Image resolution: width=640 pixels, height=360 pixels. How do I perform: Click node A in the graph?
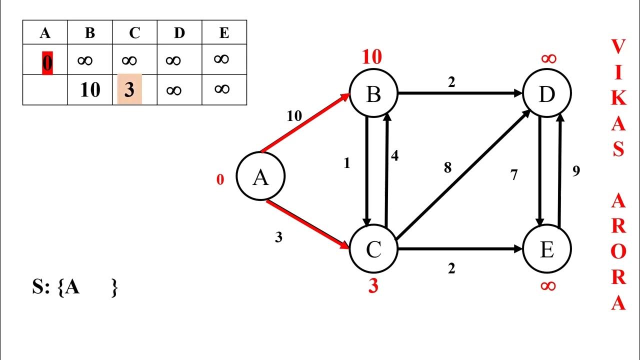coord(260,176)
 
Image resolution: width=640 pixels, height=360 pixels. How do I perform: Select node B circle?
coord(373,93)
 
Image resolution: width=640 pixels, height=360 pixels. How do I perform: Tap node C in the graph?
coord(373,248)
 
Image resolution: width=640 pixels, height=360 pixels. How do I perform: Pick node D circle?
coord(547,93)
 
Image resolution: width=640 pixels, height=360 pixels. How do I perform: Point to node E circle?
coord(547,248)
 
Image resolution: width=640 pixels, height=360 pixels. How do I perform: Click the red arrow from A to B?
coord(305,123)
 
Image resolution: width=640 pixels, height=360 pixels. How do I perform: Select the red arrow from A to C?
coord(308,224)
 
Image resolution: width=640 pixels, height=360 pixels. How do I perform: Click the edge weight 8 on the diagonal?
coord(447,167)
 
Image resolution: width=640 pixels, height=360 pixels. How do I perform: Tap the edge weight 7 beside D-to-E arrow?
coord(514,175)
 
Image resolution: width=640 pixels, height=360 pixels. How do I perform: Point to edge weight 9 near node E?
coord(576,171)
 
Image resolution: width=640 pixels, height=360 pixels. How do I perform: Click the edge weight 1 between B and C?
coord(347,163)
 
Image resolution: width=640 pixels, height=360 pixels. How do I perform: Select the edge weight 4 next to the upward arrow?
coord(394,155)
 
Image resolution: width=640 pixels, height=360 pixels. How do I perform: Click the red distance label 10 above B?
coord(372,56)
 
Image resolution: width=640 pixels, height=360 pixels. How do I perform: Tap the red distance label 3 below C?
coord(373,285)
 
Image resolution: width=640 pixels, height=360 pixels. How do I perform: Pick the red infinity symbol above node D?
coord(549,58)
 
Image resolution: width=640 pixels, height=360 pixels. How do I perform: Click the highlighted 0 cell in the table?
coord(47,63)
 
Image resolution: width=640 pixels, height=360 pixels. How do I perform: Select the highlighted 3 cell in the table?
coord(129,89)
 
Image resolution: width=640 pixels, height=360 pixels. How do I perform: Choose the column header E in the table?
coord(224,33)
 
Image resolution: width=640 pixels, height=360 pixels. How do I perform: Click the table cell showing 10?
coord(90,90)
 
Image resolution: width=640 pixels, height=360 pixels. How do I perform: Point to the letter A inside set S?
coord(72,286)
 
